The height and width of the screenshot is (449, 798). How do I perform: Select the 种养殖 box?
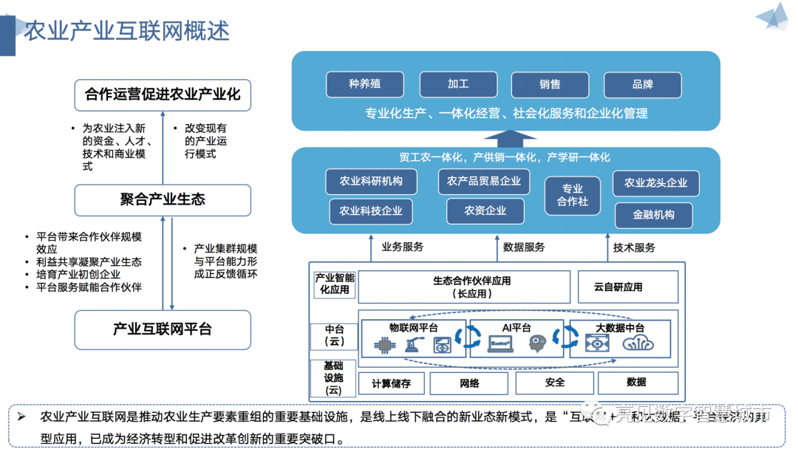(x=365, y=84)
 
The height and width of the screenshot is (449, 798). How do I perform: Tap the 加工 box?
(x=457, y=84)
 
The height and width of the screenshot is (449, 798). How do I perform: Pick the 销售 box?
(x=550, y=84)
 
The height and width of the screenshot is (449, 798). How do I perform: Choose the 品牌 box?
(x=642, y=84)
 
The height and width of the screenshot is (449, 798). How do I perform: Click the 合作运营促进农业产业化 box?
(x=163, y=95)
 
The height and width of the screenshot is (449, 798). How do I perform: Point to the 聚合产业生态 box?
(x=163, y=199)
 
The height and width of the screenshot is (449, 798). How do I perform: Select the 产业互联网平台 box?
(x=163, y=329)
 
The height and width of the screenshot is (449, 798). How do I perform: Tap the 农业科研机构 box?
(x=371, y=182)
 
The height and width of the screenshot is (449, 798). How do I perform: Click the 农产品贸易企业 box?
(x=484, y=181)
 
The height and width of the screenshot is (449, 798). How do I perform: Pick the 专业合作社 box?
(x=573, y=195)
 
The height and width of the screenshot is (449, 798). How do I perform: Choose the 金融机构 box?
(x=654, y=215)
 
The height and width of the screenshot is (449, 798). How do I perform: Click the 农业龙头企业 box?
(x=655, y=183)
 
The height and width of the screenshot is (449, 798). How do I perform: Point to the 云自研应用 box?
(x=618, y=287)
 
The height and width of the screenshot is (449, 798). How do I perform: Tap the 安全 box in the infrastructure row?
(x=555, y=382)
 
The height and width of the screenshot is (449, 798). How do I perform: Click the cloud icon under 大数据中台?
(x=640, y=343)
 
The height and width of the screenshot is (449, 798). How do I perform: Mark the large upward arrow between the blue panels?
(x=510, y=138)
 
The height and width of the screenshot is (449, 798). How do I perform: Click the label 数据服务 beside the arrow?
(x=524, y=247)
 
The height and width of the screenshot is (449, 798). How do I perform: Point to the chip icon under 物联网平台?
(x=383, y=344)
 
